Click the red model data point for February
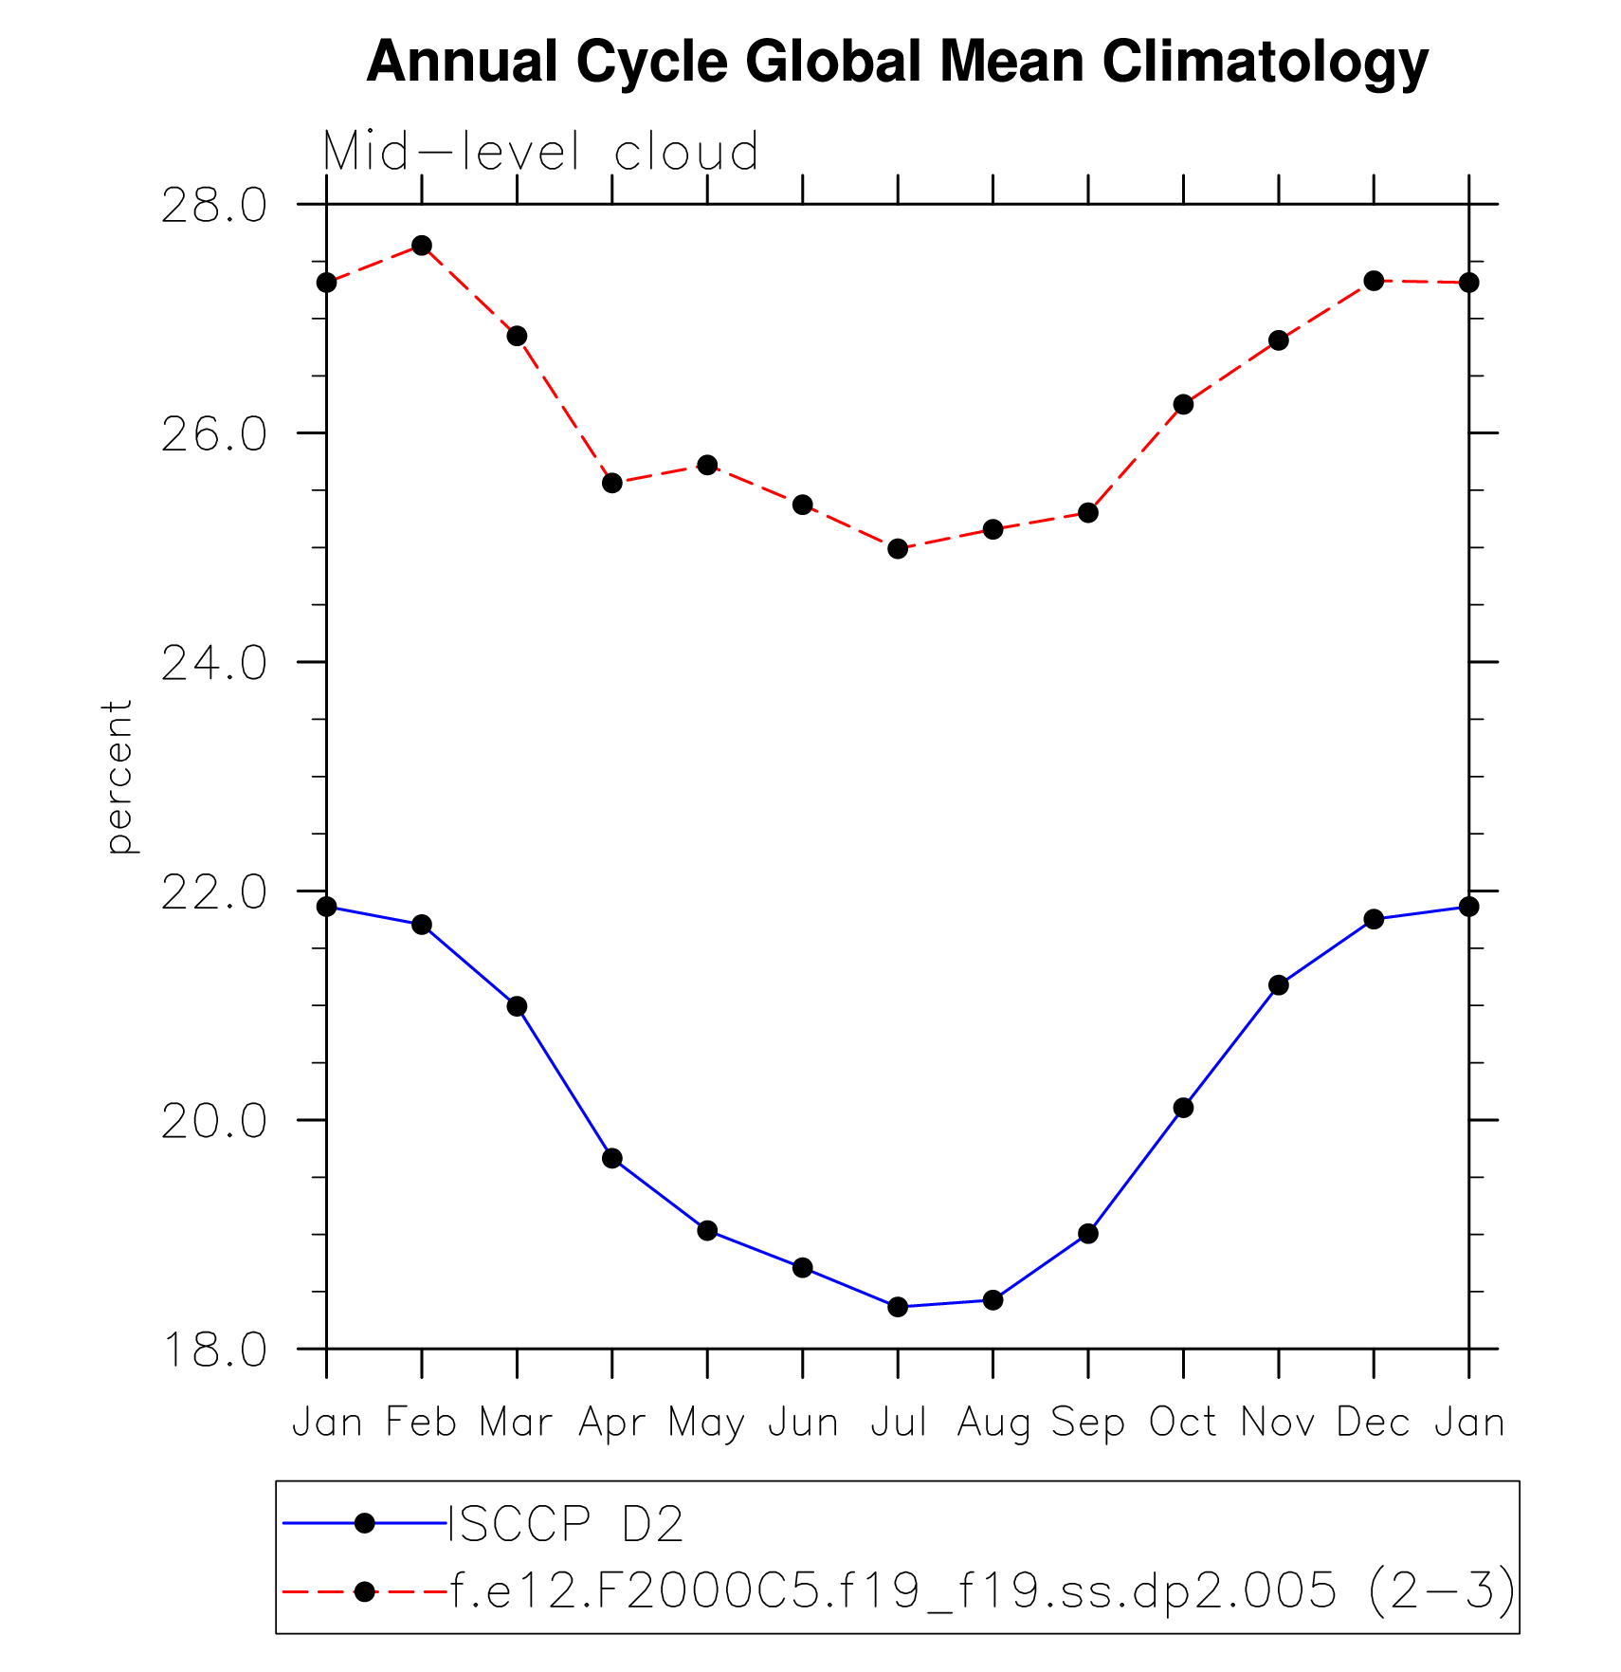(422, 246)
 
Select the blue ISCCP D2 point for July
(898, 1307)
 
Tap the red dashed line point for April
(612, 483)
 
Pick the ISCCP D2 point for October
(1183, 1108)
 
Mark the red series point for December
(1374, 281)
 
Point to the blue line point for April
(612, 1158)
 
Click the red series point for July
(898, 548)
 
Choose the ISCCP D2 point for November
(1279, 985)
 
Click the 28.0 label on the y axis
(214, 206)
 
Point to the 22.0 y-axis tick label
(214, 893)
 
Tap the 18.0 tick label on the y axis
(214, 1350)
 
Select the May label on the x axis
(706, 1424)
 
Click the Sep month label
(1087, 1424)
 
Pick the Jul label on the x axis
(898, 1423)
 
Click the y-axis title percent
(118, 778)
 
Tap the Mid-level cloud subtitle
(540, 152)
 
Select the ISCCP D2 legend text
(565, 1524)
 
